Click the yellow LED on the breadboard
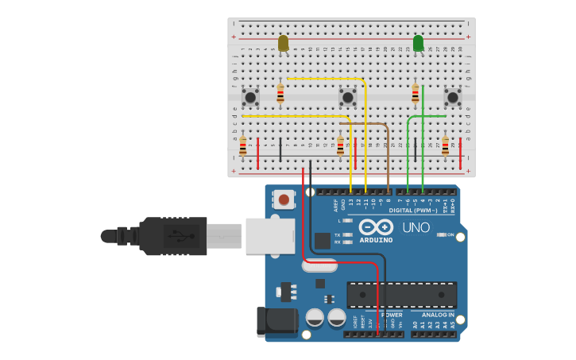click(x=283, y=42)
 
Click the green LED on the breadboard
click(x=418, y=43)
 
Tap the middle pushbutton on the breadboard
click(x=347, y=97)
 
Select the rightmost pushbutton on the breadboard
click(x=453, y=97)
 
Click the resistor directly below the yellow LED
click(x=280, y=94)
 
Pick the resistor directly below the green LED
click(x=415, y=94)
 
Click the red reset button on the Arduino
click(x=284, y=199)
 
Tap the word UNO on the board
click(x=416, y=227)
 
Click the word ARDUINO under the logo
click(x=376, y=240)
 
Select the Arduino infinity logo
click(x=376, y=226)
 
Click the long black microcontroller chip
click(x=401, y=295)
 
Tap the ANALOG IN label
click(x=433, y=315)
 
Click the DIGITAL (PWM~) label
click(x=413, y=211)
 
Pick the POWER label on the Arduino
click(x=392, y=315)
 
